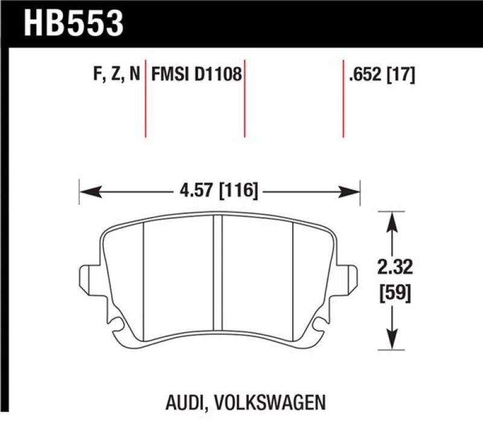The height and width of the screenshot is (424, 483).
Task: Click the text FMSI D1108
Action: click(196, 75)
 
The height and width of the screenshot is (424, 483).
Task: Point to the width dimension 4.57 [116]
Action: click(219, 192)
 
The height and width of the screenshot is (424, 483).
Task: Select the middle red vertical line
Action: click(245, 100)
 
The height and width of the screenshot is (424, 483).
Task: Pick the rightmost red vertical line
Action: click(343, 100)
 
